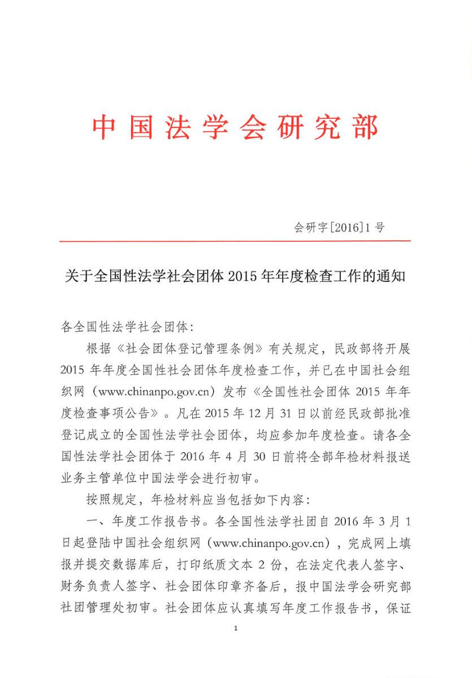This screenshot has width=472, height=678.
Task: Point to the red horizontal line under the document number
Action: click(235, 241)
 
